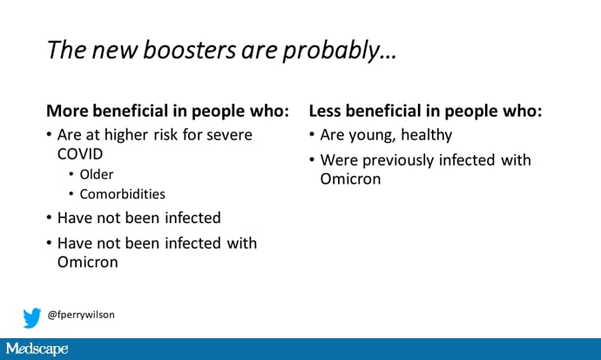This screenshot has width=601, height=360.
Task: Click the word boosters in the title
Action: [189, 50]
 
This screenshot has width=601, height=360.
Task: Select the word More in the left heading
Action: [67, 111]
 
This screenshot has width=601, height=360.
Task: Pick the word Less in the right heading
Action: [325, 111]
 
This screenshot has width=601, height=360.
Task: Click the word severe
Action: [229, 135]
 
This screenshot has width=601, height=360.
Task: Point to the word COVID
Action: [80, 154]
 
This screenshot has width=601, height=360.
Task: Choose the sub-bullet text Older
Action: [97, 174]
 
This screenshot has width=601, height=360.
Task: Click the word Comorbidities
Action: [123, 194]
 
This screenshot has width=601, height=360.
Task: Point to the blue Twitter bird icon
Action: [32, 317]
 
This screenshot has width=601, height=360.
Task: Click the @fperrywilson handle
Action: [81, 315]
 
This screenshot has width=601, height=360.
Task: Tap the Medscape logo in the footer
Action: [37, 349]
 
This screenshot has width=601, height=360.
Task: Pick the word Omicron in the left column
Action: [88, 262]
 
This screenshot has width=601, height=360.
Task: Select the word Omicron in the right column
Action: [350, 179]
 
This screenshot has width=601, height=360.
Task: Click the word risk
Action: [165, 135]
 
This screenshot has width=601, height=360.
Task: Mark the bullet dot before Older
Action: [71, 174]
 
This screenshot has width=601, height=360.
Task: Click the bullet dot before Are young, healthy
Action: [312, 134]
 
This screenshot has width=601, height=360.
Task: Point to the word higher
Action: [126, 135]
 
